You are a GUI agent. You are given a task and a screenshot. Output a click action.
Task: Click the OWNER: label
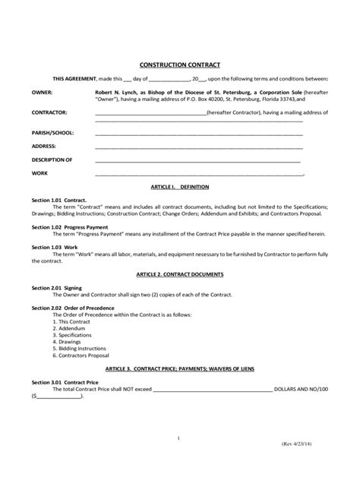point(43,92)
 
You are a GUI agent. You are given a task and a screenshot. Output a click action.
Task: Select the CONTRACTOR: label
point(49,113)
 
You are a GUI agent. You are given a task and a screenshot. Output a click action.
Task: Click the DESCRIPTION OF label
point(52,159)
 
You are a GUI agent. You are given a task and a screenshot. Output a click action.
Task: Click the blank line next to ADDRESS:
point(198,146)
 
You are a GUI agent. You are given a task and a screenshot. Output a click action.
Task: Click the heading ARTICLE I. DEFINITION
point(179,186)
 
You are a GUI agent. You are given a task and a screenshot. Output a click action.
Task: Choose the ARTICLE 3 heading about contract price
point(179,368)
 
